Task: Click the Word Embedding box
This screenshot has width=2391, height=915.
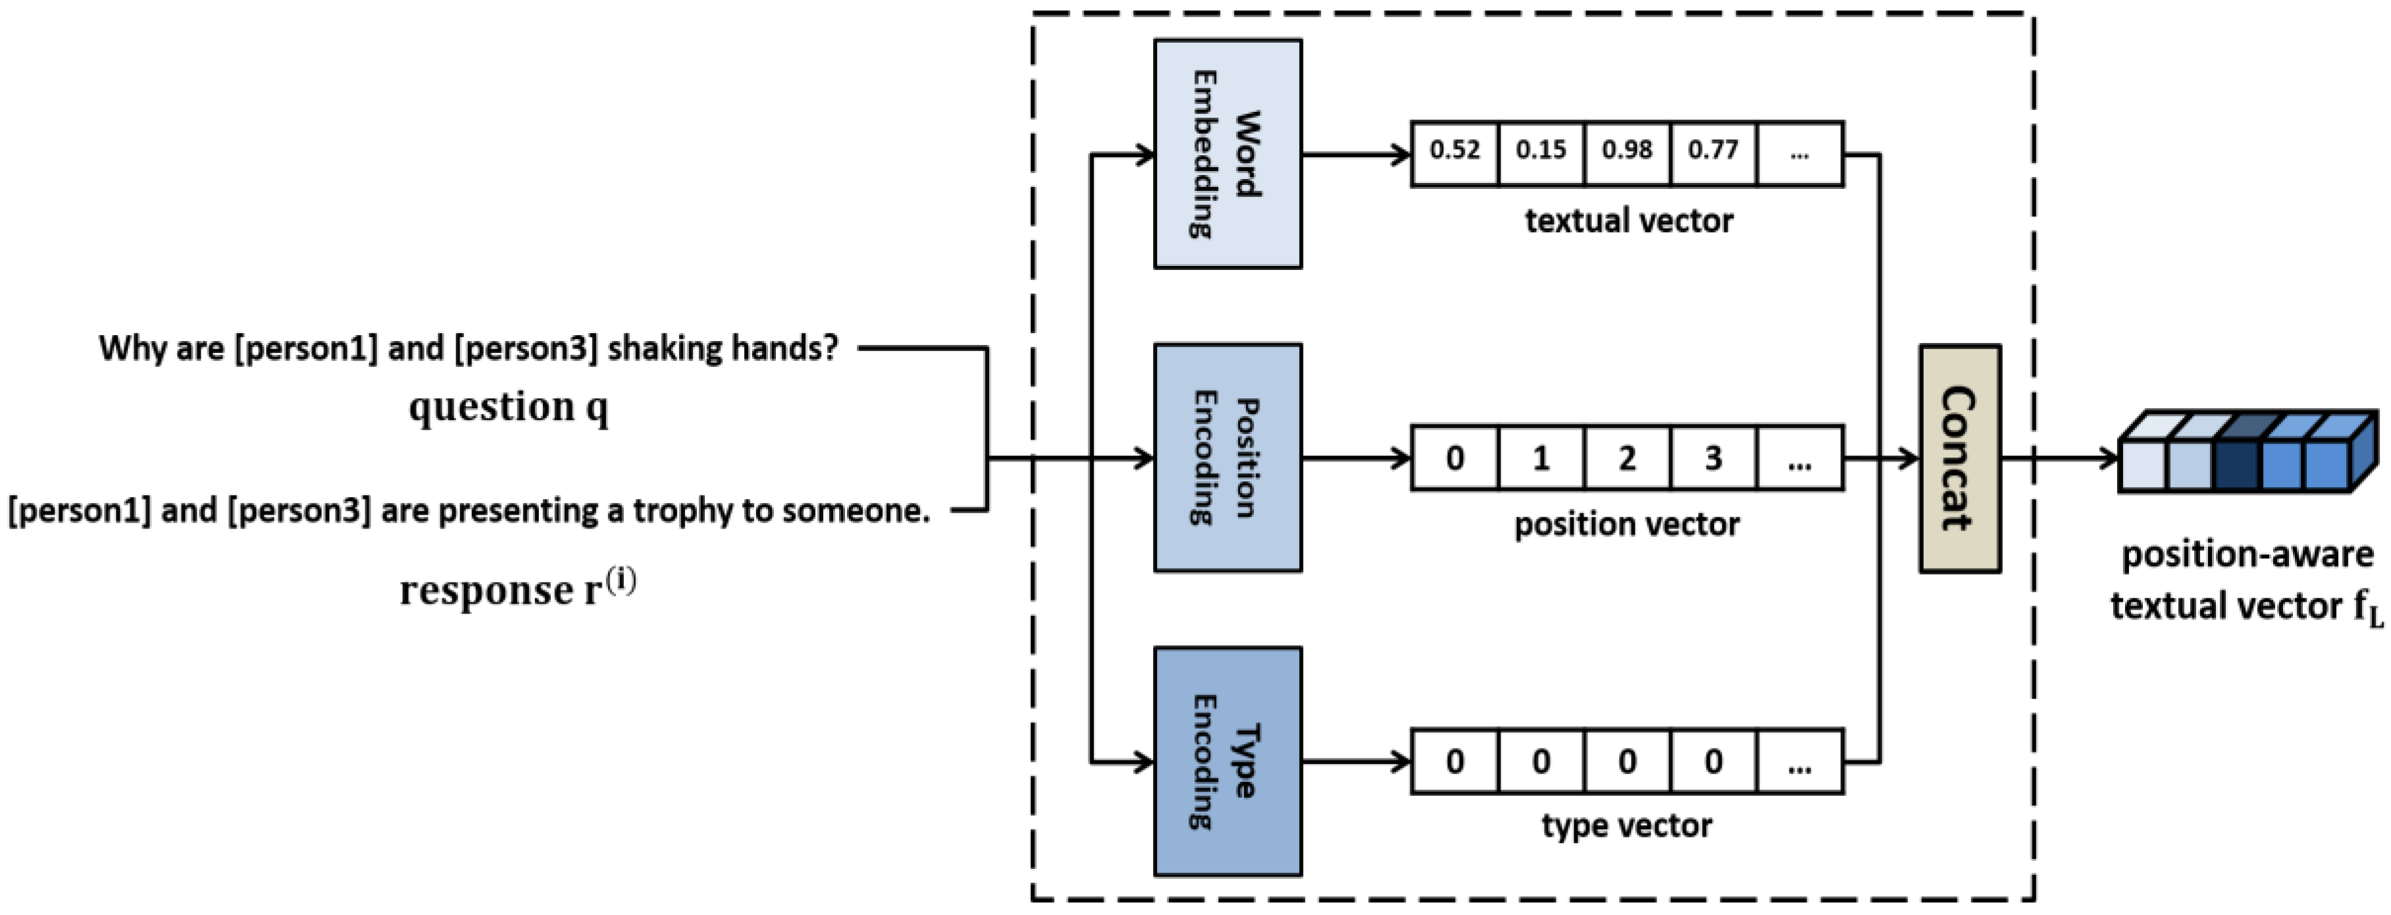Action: tap(1227, 154)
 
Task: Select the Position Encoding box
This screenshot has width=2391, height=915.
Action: tap(1227, 457)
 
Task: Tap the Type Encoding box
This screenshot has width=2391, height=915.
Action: tap(1227, 761)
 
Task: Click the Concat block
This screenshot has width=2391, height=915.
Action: tap(1959, 458)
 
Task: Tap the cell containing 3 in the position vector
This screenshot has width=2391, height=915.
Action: tap(1712, 457)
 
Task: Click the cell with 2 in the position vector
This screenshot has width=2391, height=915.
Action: tap(1626, 457)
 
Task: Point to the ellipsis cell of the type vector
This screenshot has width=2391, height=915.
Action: tap(1799, 761)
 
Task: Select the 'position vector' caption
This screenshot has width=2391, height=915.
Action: tap(1626, 525)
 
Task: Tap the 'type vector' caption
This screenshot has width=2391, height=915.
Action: tap(1626, 825)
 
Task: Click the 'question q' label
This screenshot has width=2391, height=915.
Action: tap(509, 406)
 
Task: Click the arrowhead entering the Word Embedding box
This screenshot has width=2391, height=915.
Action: tap(1144, 154)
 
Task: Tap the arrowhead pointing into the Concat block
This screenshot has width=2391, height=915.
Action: tap(1909, 457)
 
